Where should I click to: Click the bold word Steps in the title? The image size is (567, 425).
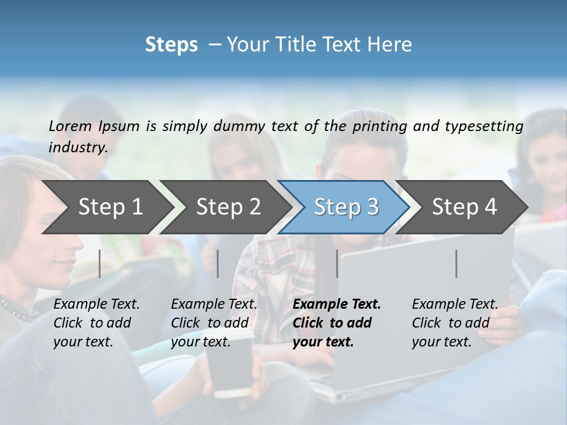click(171, 45)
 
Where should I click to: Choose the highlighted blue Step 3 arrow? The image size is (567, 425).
click(346, 207)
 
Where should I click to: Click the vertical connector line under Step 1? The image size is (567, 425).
click(100, 263)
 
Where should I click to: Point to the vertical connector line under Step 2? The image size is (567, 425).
click(218, 263)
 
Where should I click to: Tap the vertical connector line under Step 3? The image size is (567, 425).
click(337, 263)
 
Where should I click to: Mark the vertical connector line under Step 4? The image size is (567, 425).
click(457, 263)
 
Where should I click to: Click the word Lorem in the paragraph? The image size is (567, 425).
click(70, 126)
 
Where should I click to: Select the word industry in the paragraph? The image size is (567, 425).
click(78, 148)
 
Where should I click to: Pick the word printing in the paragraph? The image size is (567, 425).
click(380, 126)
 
